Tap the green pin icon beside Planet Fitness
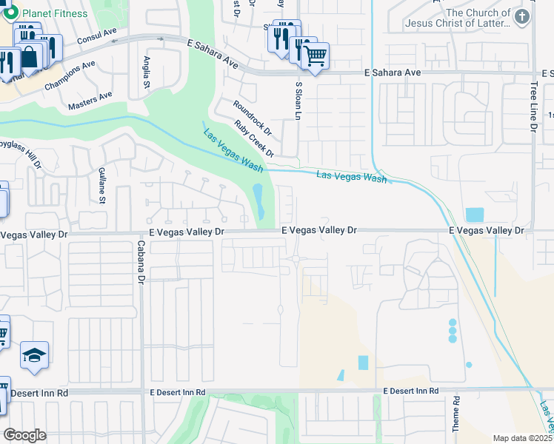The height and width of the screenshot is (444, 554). tap(12, 13)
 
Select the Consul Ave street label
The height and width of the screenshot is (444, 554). tap(97, 35)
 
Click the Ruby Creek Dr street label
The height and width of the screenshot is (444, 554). tap(254, 139)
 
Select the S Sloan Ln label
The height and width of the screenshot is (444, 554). tap(298, 104)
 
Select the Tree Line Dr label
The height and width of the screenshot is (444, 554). tap(533, 107)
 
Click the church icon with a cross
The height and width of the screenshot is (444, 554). tap(522, 17)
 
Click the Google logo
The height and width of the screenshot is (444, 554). tap(24, 434)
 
